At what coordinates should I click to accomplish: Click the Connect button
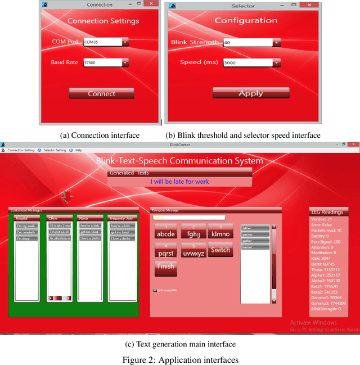click(x=101, y=93)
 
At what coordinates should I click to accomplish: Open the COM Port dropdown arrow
click(x=125, y=42)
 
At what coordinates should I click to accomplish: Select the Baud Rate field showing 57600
click(x=102, y=63)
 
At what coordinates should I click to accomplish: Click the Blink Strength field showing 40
click(x=247, y=42)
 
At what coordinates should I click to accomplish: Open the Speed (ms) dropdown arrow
click(x=276, y=62)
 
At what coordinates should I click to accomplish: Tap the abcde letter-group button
click(x=166, y=231)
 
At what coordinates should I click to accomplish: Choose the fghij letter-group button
click(x=193, y=231)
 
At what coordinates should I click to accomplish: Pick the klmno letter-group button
click(x=220, y=231)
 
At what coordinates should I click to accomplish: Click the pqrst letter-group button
click(x=166, y=250)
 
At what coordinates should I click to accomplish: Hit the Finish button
click(x=165, y=267)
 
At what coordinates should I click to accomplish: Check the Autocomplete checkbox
click(x=155, y=291)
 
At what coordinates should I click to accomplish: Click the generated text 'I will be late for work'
click(x=179, y=182)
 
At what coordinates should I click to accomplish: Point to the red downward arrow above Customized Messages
click(x=67, y=196)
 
